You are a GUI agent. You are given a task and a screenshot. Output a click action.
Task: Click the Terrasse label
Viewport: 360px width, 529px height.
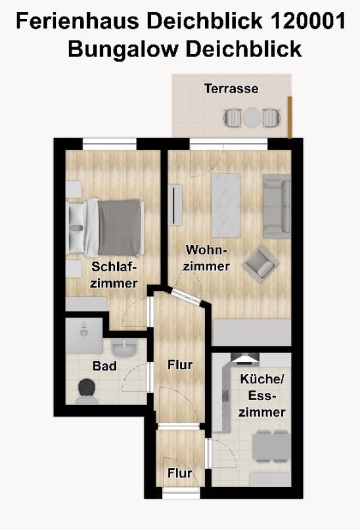231,89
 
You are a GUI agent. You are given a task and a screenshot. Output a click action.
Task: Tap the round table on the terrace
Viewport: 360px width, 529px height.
252,118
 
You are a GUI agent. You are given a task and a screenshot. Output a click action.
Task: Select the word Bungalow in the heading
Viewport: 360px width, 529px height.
123,49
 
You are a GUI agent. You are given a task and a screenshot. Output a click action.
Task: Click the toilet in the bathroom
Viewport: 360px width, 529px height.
86,392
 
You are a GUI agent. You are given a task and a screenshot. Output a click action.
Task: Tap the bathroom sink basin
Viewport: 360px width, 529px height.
125,348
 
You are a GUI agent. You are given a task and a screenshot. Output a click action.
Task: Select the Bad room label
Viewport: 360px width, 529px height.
104,366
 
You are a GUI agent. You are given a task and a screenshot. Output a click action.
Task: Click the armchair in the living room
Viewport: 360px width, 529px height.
260,264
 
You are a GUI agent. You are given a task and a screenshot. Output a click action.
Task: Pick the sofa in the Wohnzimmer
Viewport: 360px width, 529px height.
277,206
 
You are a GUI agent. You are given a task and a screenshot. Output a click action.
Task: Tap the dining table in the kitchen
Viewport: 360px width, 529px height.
271,446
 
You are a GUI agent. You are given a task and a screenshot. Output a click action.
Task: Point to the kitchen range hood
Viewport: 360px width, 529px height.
245,358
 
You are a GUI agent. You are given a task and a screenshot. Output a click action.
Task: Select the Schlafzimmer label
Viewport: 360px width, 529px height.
114,275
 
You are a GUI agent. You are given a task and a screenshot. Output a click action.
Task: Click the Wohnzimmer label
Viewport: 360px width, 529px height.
206,258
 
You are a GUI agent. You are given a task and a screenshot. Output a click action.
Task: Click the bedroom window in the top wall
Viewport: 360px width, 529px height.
110,144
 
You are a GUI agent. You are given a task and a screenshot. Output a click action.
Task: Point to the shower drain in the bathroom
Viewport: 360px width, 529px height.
83,333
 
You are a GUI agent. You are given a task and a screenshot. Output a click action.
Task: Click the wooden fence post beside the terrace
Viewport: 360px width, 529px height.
290,117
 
